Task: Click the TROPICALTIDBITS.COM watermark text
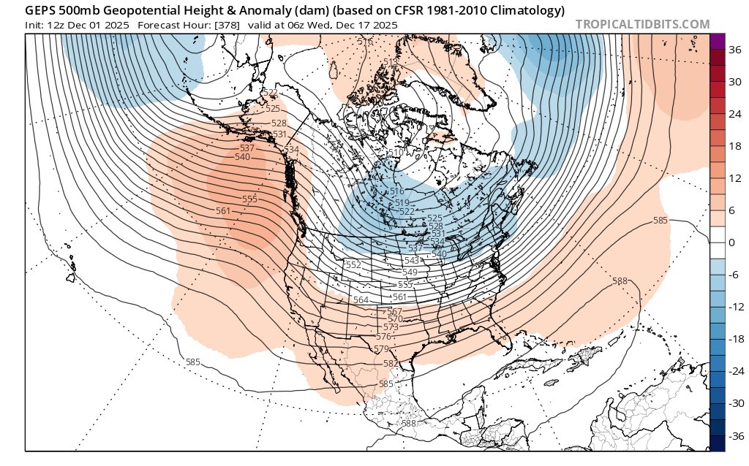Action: [642, 25]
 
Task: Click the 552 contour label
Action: [353, 265]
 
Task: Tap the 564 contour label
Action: [361, 300]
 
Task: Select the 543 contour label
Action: [412, 261]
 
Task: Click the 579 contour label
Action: [381, 350]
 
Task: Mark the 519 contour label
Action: [401, 202]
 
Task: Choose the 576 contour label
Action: [383, 337]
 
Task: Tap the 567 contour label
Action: [394, 312]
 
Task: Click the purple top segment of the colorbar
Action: [717, 42]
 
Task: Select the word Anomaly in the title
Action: [227, 11]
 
